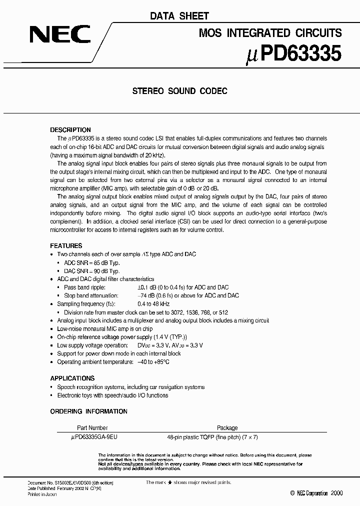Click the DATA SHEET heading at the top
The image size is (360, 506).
click(179, 16)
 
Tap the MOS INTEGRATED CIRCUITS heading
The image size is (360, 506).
click(270, 33)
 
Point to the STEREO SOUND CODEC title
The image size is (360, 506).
click(179, 91)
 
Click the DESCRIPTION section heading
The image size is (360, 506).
click(70, 129)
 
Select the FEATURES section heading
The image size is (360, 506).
click(66, 246)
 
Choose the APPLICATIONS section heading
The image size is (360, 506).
click(72, 378)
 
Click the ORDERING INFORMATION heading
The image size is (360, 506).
click(88, 411)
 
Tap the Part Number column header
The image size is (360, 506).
click(92, 428)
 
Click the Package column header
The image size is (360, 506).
click(227, 428)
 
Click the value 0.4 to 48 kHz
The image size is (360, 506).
click(153, 304)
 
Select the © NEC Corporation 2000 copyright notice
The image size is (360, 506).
click(316, 493)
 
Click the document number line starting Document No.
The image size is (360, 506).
click(70, 482)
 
